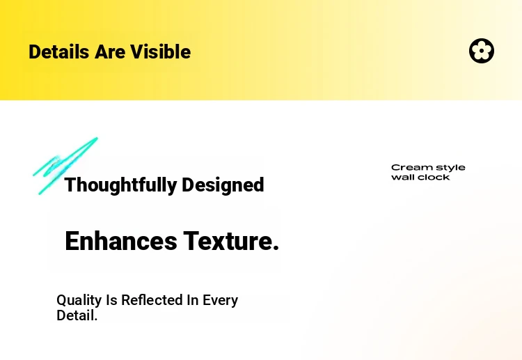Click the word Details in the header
click(x=59, y=52)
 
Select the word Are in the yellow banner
click(x=109, y=52)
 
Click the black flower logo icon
click(x=482, y=51)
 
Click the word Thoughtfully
click(x=120, y=185)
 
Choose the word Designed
click(x=223, y=185)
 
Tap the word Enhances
click(x=121, y=241)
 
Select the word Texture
click(x=228, y=241)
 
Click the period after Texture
click(x=276, y=248)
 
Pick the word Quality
click(x=79, y=300)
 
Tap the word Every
click(x=221, y=300)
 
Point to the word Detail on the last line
click(x=75, y=315)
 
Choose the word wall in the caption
click(x=402, y=177)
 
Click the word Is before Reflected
click(x=111, y=300)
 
